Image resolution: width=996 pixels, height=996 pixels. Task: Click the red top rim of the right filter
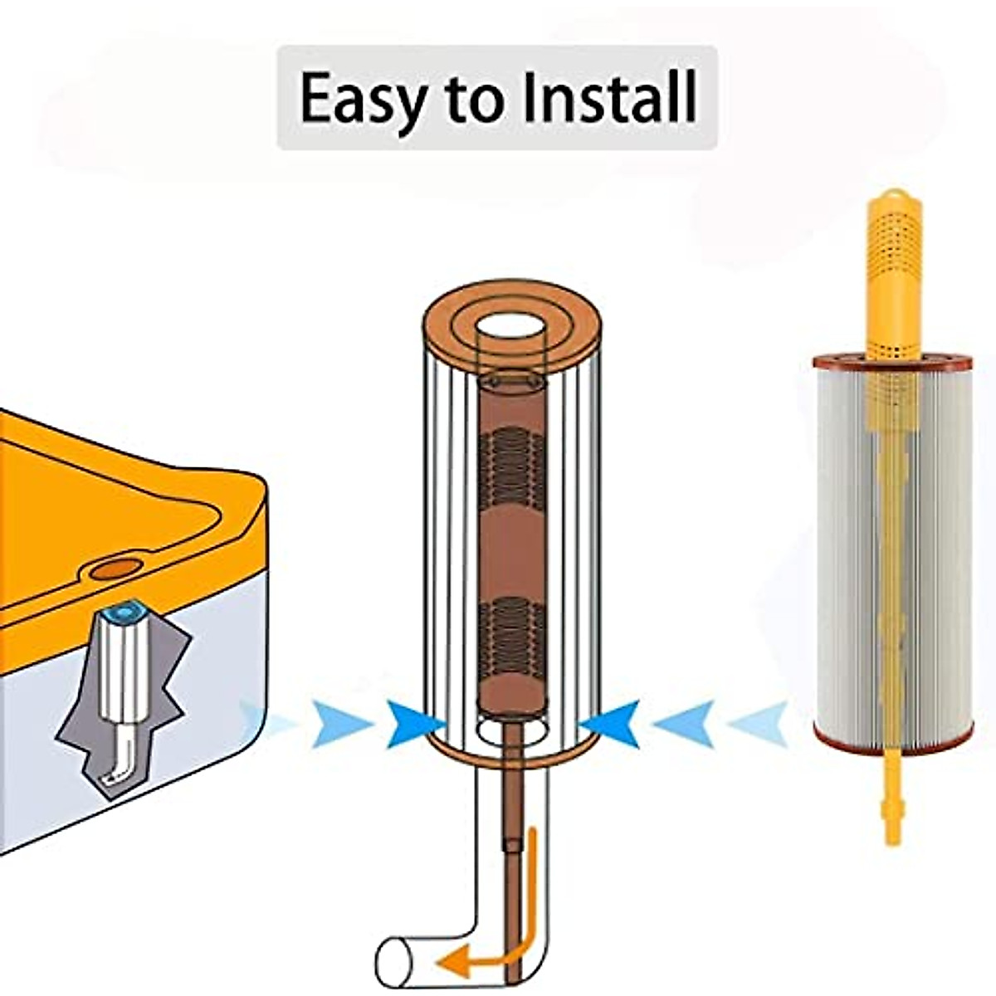pos(893,362)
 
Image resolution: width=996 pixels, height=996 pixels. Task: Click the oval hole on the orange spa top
pos(115,569)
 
